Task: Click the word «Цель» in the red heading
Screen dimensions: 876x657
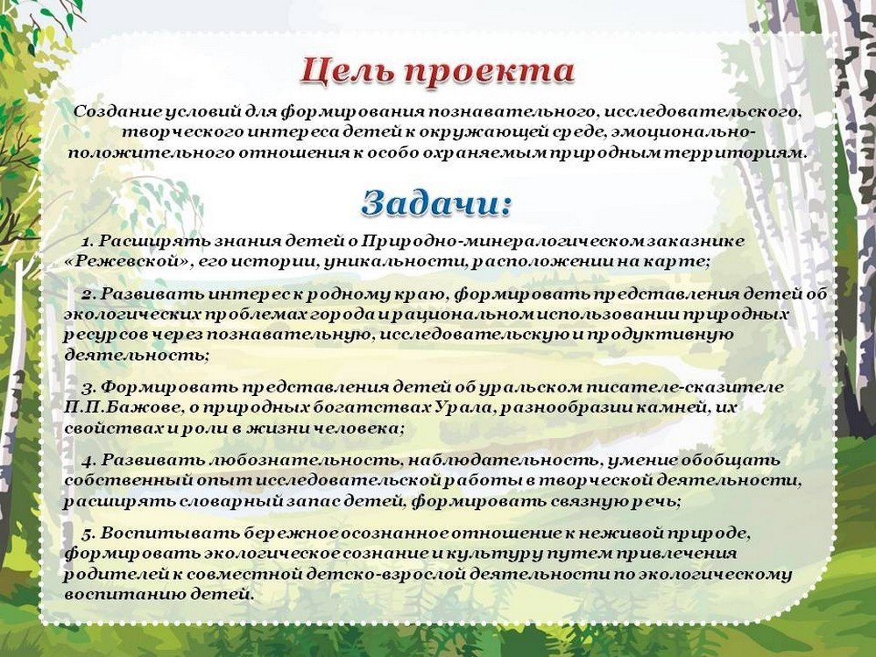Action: coord(348,72)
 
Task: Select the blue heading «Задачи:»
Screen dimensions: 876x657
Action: coord(436,203)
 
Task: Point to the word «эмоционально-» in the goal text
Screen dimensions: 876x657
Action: coord(684,132)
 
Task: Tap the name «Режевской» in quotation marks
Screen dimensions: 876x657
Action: coord(126,262)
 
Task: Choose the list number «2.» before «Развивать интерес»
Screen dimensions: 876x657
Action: coord(89,293)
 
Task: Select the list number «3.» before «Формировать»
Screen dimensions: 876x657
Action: coord(89,387)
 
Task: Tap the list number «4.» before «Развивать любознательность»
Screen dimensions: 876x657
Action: coord(89,461)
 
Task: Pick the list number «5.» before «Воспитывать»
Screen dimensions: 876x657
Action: coord(89,533)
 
